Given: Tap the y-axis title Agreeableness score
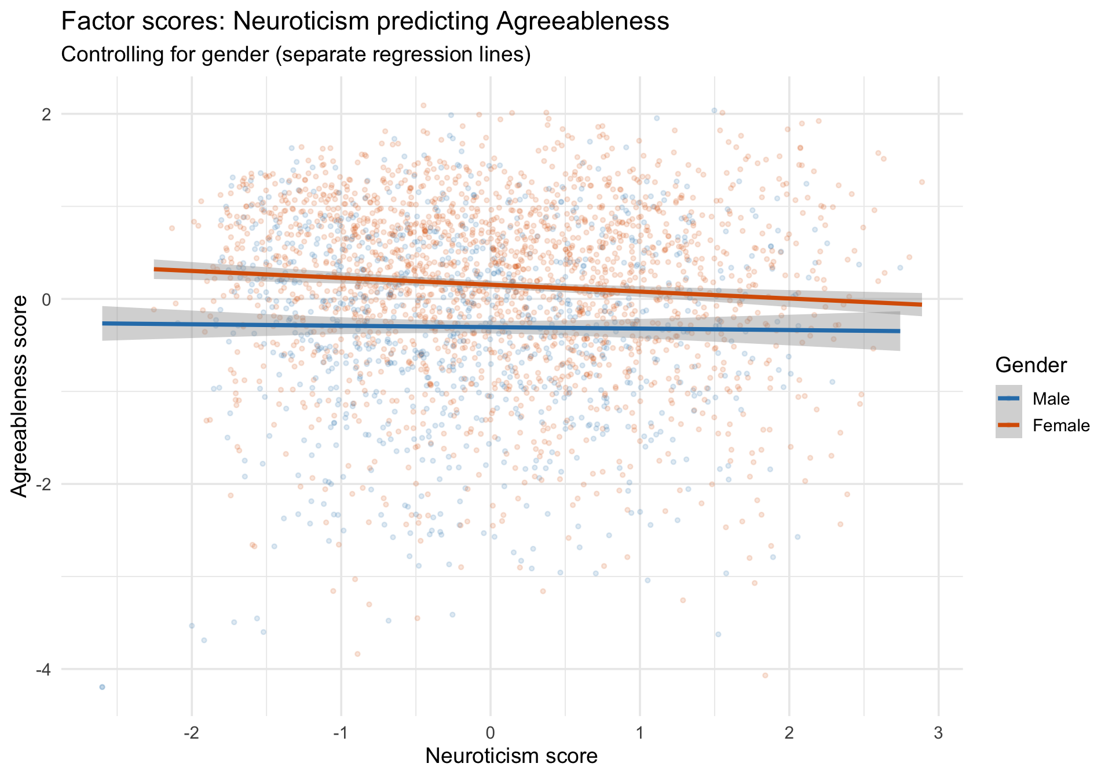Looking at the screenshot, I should [x=20, y=397].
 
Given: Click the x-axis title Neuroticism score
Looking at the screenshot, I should [x=511, y=756].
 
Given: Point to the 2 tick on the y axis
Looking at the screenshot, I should [x=46, y=114].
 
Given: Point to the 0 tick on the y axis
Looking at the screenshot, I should [x=46, y=299].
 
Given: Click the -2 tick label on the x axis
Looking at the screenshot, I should [x=191, y=733].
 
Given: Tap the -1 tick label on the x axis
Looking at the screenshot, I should [x=341, y=733].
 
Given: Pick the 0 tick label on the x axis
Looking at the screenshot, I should [x=491, y=733].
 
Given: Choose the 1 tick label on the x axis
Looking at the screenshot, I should [x=640, y=733].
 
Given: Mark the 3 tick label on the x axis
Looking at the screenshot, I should [x=939, y=733].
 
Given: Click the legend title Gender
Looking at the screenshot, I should [x=1031, y=365].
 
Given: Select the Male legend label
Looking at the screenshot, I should [x=1051, y=399].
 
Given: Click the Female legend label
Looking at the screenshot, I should [x=1061, y=426].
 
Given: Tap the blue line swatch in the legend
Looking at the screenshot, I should [x=1009, y=398].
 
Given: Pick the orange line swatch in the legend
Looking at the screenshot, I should [x=1009, y=425].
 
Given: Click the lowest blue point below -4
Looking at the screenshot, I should [x=103, y=687].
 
